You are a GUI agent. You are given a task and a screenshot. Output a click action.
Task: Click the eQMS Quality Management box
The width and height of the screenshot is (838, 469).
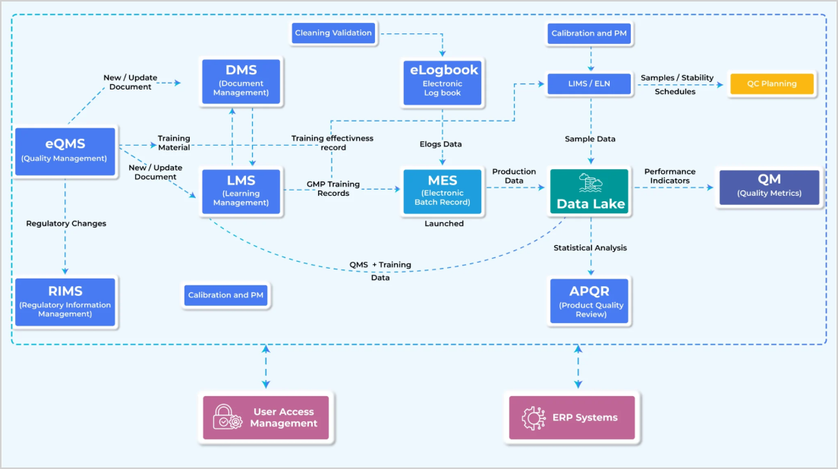65,151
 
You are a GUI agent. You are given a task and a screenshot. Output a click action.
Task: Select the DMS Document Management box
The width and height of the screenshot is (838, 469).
241,80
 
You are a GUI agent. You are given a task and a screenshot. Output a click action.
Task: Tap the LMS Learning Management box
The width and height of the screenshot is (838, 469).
241,191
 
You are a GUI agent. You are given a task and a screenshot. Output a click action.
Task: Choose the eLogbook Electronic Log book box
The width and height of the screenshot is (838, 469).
443,80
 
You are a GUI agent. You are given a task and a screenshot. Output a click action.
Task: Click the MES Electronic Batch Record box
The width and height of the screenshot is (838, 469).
443,191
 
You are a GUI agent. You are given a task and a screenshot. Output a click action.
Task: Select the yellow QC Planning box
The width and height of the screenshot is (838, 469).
771,83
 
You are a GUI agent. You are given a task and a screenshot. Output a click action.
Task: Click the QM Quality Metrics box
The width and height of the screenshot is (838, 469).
769,187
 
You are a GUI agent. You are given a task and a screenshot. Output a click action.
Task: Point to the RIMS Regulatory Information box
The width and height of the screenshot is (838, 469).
65,301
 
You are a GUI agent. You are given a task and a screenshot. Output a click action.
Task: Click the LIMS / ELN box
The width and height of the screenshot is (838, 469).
590,83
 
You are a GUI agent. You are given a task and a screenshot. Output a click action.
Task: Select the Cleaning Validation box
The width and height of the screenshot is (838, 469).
333,33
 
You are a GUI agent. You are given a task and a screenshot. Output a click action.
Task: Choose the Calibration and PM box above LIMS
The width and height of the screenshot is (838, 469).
590,33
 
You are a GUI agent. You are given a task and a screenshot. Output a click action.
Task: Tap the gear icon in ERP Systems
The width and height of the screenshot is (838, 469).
534,417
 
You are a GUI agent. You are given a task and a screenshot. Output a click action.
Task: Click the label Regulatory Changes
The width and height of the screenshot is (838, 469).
66,223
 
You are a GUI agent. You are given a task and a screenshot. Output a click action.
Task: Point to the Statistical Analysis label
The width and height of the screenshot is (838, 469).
590,247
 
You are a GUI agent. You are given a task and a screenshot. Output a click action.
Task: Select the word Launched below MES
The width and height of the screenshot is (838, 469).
444,224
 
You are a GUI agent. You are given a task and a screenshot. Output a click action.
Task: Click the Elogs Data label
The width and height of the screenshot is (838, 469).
441,144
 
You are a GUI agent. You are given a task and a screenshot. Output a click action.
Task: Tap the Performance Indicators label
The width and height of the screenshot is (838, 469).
670,176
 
